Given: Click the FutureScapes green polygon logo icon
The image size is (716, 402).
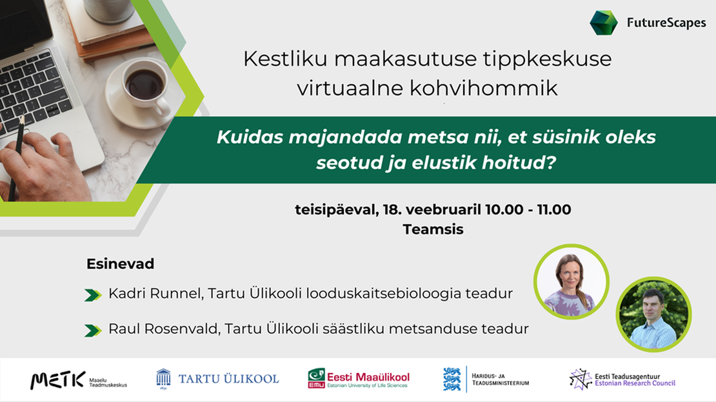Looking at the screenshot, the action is pos(603,23).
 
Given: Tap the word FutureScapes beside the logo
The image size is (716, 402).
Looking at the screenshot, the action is pos(666,23).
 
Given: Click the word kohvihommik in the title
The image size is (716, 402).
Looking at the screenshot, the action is pos(483,88).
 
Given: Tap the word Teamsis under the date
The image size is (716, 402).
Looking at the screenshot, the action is pos(433,229).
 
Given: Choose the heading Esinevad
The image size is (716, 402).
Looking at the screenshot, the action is pos(120,263).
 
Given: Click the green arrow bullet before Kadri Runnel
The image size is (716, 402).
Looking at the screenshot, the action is pos(93,295).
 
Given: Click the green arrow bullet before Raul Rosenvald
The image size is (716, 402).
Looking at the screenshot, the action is pos(93,330).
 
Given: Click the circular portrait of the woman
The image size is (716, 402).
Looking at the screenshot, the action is pos(572,282).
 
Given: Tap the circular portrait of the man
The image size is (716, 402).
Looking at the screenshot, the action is pos(653,314).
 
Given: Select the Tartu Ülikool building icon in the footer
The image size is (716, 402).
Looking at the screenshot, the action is pos(163,379).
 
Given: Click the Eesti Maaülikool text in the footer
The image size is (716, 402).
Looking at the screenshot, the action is pos(368,378).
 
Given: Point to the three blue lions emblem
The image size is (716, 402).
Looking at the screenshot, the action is pos(452,379).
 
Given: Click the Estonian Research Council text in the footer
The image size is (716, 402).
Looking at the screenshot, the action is pos(635,383).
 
